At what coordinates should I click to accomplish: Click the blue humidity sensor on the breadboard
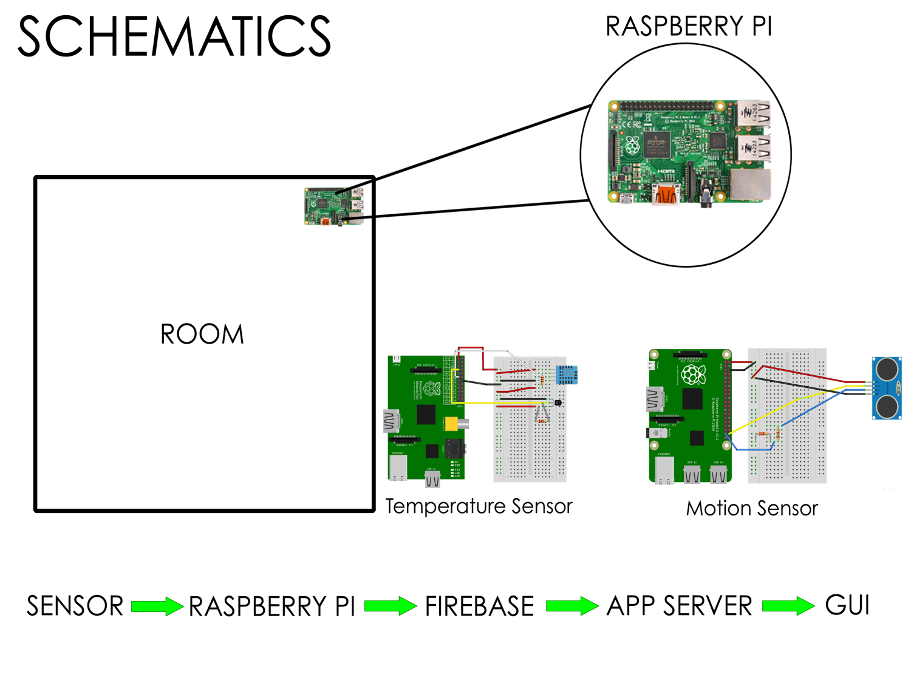(567, 375)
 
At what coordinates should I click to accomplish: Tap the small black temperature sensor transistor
(557, 402)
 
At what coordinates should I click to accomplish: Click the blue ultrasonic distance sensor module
(887, 388)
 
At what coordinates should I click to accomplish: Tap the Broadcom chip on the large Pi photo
(657, 146)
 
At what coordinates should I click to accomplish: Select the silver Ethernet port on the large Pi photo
(751, 185)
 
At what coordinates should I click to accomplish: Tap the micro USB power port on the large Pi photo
(627, 199)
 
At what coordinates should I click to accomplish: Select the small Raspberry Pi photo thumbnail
(334, 206)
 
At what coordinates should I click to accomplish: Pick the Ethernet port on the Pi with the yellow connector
(398, 468)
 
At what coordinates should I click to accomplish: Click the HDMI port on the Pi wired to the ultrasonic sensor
(655, 399)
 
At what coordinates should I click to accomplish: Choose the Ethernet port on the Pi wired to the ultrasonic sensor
(664, 471)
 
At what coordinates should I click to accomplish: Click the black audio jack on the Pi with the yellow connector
(454, 450)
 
